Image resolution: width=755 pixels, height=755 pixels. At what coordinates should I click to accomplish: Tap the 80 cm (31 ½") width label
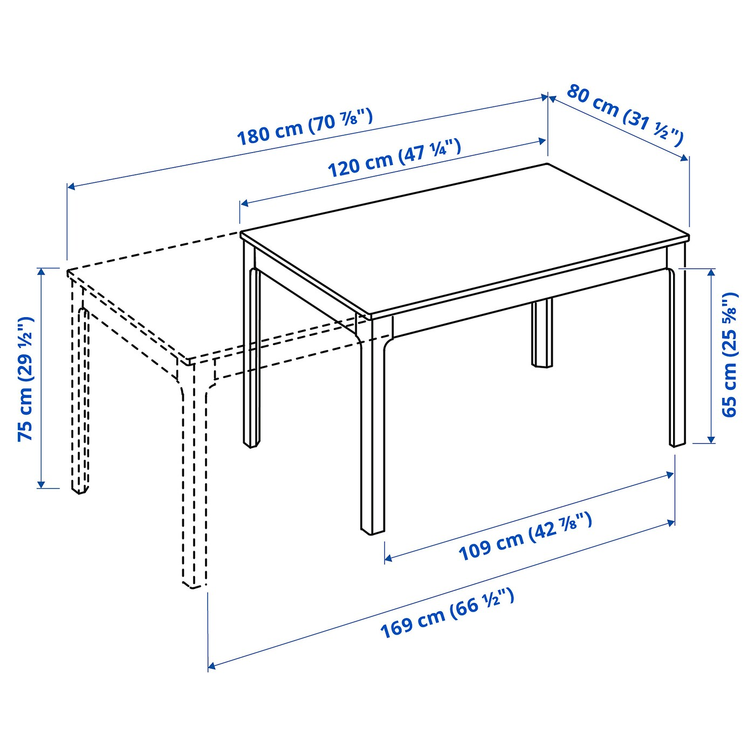coord(625,115)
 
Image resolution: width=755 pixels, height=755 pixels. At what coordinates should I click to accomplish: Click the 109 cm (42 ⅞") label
coord(525,537)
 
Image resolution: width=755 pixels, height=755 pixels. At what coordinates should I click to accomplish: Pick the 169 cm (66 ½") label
coord(447,614)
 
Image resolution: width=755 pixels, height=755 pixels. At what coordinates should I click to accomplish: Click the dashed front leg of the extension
coord(193,485)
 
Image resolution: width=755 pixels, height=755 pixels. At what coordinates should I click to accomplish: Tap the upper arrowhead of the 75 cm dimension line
coord(41,271)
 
